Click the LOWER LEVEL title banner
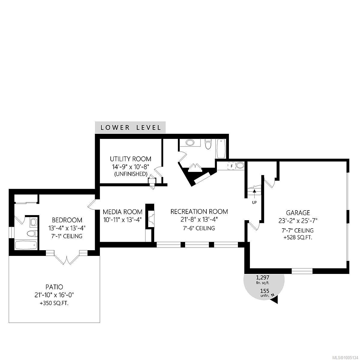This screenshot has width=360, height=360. pos(130,127)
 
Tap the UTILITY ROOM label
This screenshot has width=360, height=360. pos(130,159)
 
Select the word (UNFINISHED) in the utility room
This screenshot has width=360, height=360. pos(130,174)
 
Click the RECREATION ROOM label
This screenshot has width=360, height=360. pos(199,211)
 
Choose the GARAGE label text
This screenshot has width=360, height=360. pos(298,213)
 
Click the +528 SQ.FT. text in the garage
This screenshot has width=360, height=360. pos(298,238)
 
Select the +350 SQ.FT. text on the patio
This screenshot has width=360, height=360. pos(54,303)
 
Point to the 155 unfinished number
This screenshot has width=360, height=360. pos(264,291)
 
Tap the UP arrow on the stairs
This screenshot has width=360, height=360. pos(254,191)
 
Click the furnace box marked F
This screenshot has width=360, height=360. pos(232,166)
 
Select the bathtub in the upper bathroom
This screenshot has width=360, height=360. pos(220,148)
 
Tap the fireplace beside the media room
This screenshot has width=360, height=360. pos(150,218)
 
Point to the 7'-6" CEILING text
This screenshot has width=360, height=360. pos(199,228)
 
